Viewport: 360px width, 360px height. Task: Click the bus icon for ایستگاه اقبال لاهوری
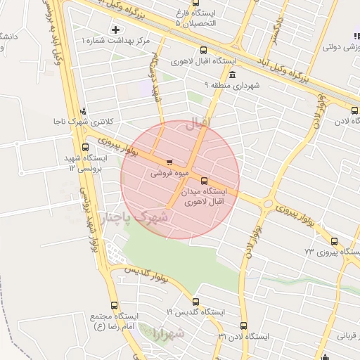203,50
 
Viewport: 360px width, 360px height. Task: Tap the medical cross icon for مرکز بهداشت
115,30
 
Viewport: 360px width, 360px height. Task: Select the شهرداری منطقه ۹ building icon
232,75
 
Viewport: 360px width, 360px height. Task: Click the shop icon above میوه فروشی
169,162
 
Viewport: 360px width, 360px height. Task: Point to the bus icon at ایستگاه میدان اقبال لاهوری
204,181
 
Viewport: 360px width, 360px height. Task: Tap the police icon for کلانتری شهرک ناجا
84,111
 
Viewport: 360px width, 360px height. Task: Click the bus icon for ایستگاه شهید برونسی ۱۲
85,147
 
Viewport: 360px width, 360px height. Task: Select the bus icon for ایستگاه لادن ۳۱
243,326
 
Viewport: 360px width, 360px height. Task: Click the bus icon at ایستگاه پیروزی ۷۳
333,241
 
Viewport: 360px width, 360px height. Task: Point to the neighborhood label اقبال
198,124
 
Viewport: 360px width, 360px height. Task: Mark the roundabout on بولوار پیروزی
267,205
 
